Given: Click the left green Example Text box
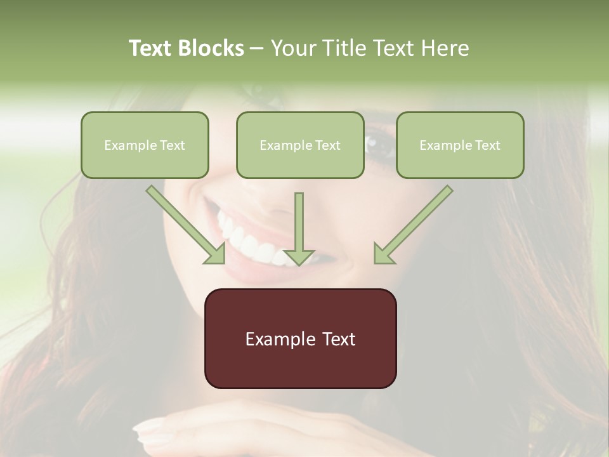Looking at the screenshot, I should [x=145, y=145].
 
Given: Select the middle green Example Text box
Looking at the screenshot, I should [x=300, y=145].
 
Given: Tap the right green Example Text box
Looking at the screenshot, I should [x=460, y=145].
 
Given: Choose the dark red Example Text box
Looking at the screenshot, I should [x=300, y=338].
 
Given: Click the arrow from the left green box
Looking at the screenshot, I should [x=184, y=223].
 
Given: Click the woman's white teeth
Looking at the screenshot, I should [x=251, y=244].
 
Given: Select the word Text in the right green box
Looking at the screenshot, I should [x=487, y=145].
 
